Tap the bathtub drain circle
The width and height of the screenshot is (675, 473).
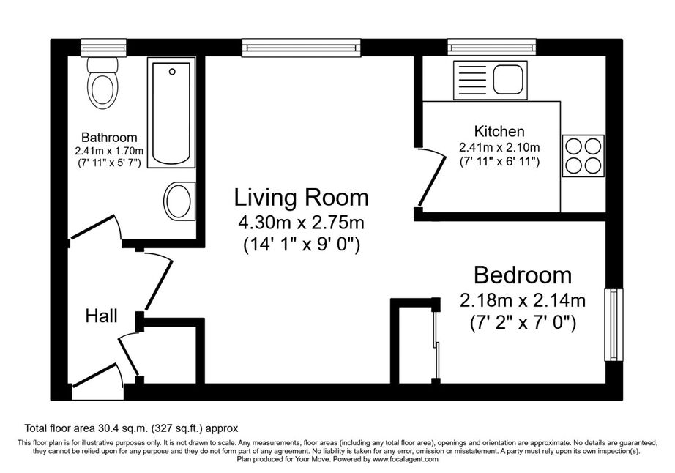[x=172, y=72]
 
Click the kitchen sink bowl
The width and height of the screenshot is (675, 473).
[x=508, y=80]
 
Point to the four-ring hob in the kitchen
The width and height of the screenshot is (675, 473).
[x=583, y=156]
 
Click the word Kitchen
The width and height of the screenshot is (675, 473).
[x=499, y=131]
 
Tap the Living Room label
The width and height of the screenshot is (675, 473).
[x=302, y=198]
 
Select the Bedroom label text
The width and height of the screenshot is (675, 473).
[x=523, y=275]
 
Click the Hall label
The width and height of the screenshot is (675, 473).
[x=101, y=316]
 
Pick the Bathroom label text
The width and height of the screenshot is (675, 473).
[x=109, y=138]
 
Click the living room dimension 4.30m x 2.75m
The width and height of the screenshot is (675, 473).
[x=302, y=223]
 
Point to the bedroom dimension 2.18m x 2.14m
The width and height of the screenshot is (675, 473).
[x=523, y=300]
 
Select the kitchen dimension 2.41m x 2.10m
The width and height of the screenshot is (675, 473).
[x=499, y=148]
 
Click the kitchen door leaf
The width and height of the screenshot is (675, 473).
[x=432, y=180]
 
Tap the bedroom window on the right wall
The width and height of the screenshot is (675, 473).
[x=614, y=324]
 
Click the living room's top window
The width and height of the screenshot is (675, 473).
[x=301, y=48]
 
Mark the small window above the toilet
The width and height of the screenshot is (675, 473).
[x=104, y=48]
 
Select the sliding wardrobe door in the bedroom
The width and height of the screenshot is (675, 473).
[x=436, y=342]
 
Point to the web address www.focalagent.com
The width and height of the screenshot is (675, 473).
[x=406, y=460]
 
